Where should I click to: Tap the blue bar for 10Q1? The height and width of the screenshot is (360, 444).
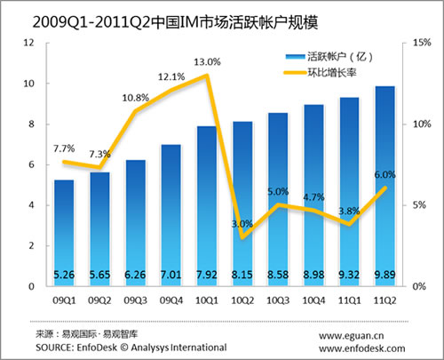tap(206, 204)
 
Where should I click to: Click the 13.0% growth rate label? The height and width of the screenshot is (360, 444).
tap(208, 62)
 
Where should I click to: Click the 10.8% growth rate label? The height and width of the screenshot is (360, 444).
tap(136, 97)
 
